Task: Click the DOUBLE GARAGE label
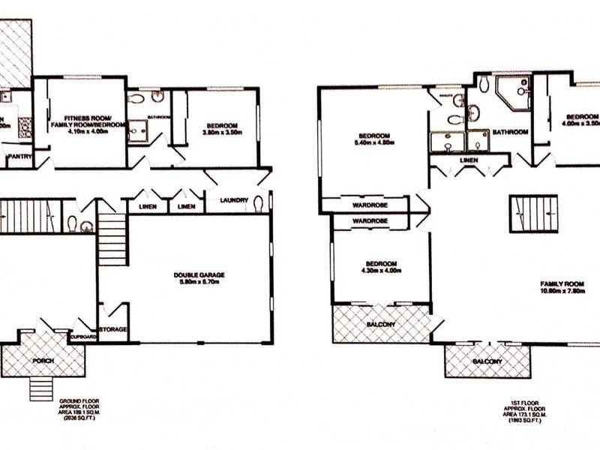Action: (198, 275)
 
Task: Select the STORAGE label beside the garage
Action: (113, 329)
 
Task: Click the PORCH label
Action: (43, 361)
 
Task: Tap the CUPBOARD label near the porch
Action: (83, 337)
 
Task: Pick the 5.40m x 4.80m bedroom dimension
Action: (376, 142)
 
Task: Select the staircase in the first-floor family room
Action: (533, 213)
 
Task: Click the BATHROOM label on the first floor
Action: (510, 132)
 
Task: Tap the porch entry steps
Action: (43, 387)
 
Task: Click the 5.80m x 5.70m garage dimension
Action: (198, 283)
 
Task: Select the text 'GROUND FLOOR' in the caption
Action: (80, 401)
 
